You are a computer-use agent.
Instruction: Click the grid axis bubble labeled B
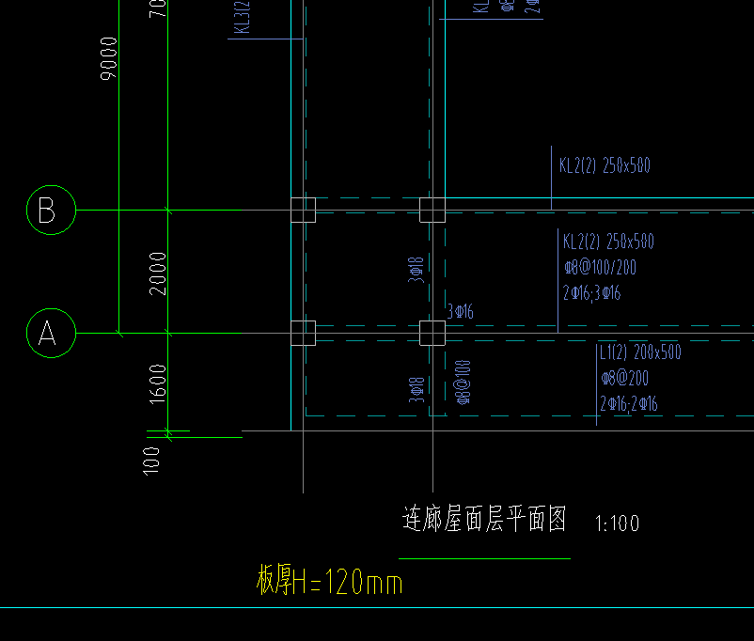[x=47, y=211]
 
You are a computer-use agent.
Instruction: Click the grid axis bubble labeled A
[x=47, y=333]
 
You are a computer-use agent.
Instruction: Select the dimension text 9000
[x=109, y=58]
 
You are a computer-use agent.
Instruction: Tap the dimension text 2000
[x=158, y=273]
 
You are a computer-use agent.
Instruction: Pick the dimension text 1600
[x=158, y=383]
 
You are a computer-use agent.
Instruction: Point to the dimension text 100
[x=152, y=460]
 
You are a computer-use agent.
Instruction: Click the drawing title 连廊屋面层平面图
[x=484, y=520]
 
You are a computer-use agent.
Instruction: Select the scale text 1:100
[x=618, y=524]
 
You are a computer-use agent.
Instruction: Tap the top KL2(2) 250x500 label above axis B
[x=605, y=166]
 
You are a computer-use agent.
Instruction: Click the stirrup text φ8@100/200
[x=600, y=268]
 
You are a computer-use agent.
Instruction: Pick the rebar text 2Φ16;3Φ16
[x=592, y=293]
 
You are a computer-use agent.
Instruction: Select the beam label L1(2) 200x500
[x=640, y=353]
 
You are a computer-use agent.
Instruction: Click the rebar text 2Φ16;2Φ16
[x=629, y=405]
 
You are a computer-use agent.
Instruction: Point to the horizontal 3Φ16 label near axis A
[x=460, y=311]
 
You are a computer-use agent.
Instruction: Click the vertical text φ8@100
[x=463, y=382]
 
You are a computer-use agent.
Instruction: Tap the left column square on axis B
[x=303, y=210]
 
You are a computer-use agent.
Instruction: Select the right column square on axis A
[x=432, y=333]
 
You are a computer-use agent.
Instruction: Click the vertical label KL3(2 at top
[x=243, y=17]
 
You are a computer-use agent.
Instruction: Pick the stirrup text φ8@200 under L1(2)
[x=624, y=379]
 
